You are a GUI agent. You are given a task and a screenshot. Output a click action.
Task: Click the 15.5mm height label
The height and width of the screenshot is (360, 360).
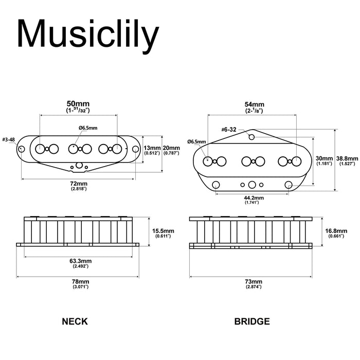tap(164, 230)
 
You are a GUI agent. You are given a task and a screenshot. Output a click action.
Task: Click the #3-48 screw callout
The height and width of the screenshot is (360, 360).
tap(8, 139)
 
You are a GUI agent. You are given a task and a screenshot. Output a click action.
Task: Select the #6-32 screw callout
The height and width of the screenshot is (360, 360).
tap(230, 130)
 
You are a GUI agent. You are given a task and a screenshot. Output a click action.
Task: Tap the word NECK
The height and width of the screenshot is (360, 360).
tap(75, 322)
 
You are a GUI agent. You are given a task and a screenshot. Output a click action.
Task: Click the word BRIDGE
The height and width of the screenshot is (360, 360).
tap(252, 322)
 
